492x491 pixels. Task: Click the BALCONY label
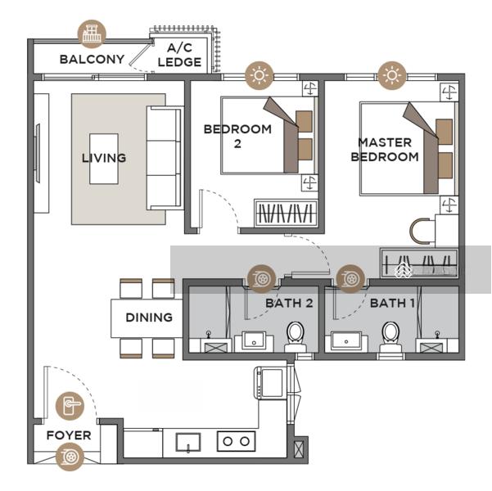point(92,59)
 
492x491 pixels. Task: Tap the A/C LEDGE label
point(179,55)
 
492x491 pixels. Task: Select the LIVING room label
point(104,158)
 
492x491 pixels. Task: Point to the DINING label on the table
point(149,318)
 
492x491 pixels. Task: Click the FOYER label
point(69,435)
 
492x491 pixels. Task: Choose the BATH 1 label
point(392,303)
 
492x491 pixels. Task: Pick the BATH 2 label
point(289,303)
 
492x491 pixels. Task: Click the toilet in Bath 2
point(296,336)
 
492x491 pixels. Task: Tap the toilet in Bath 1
point(390,336)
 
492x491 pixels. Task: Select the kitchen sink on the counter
point(188,442)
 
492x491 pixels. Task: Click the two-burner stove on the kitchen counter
point(236,441)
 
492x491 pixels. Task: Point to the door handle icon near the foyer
point(70,406)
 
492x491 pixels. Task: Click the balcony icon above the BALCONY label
point(92,34)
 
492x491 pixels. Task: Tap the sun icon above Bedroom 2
point(260,75)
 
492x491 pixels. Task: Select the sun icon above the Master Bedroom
point(391,75)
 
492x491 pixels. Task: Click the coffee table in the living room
point(104,159)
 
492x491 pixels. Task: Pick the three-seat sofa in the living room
point(165,158)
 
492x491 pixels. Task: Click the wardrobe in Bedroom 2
point(286,213)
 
